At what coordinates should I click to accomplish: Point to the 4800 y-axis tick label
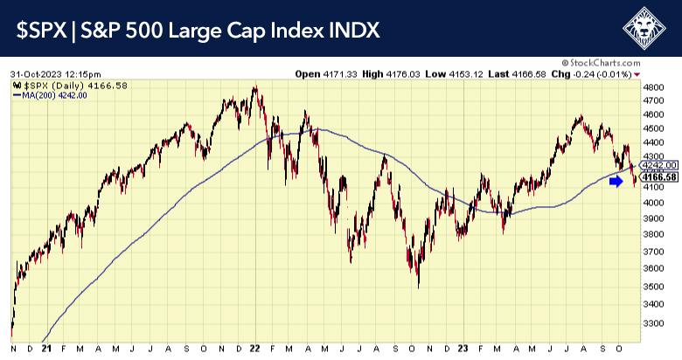[x=654, y=88]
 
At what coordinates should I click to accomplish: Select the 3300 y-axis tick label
[x=654, y=323]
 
